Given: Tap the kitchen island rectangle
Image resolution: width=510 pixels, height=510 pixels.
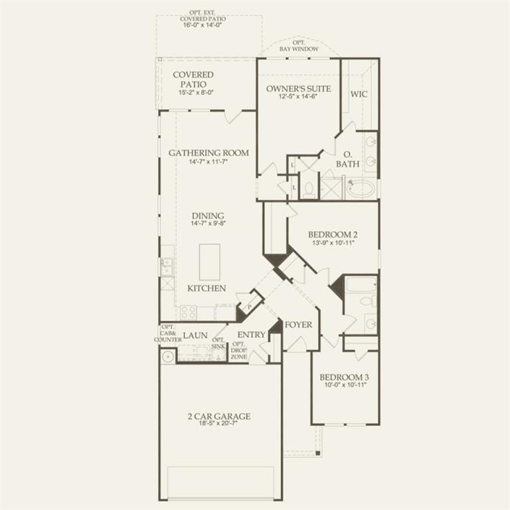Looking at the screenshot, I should pos(209,262).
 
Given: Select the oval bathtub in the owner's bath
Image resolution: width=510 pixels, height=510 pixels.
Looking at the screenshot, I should pos(361,189).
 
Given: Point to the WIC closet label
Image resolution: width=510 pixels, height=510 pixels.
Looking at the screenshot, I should pos(359,94).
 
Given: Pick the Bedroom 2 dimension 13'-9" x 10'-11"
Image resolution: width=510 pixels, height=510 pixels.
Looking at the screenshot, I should pos(332,243).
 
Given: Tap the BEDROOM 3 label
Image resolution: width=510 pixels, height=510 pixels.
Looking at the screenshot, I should pos(344,377).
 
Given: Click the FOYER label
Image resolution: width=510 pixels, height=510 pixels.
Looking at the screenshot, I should pos(299,325).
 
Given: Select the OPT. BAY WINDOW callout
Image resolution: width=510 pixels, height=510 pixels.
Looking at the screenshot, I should pos(299,46).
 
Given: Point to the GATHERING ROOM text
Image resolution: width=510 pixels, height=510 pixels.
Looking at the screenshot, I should pos(209,153).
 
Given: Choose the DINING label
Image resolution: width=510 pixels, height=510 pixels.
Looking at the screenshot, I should pos(208,216).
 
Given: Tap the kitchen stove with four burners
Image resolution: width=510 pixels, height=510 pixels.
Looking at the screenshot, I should pos(189,312).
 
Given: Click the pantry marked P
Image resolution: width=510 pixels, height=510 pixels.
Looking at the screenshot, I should pos(250,306).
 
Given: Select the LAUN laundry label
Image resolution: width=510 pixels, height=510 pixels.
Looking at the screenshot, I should pos(195,335).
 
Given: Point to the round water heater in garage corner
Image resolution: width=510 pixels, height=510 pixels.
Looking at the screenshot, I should pos(168,357).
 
